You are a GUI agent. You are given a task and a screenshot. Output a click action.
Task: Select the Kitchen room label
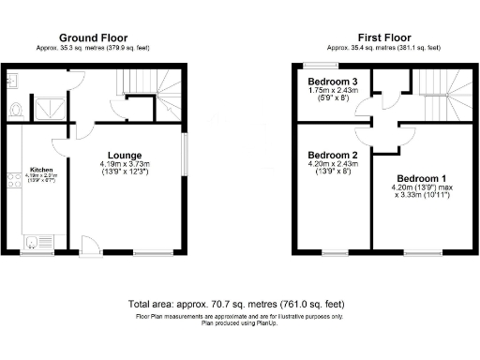(x=41, y=170)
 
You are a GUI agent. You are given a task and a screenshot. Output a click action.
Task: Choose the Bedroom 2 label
(x=333, y=155)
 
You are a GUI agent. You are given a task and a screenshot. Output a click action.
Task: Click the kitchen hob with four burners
(x=11, y=177)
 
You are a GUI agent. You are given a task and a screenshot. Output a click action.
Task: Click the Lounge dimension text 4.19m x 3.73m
(x=125, y=166)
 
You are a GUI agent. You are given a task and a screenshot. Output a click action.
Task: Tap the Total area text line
(x=239, y=305)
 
